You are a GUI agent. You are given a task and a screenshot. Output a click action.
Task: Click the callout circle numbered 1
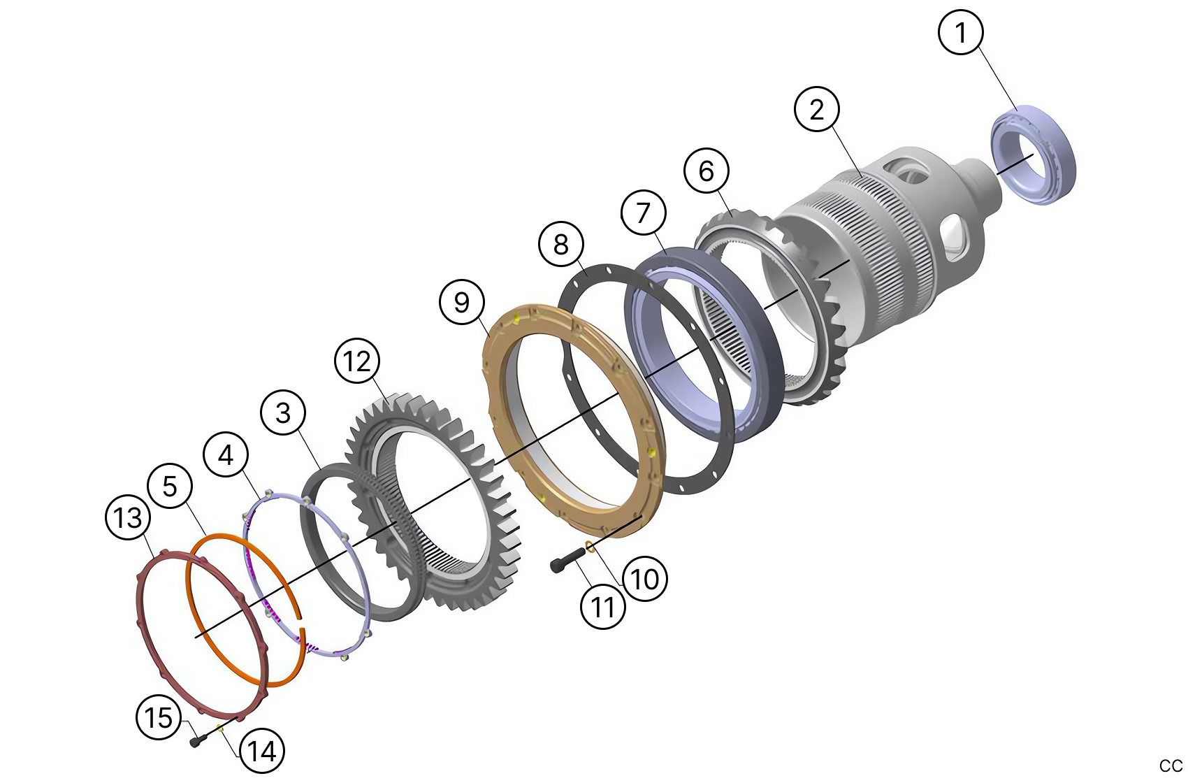pyautogui.click(x=961, y=32)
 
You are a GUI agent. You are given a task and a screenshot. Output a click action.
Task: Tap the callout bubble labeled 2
pyautogui.click(x=817, y=109)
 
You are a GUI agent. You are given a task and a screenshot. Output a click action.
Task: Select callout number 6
pyautogui.click(x=707, y=171)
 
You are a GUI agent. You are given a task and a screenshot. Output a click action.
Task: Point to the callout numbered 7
pyautogui.click(x=644, y=213)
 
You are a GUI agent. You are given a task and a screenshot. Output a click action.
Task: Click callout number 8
pyautogui.click(x=561, y=245)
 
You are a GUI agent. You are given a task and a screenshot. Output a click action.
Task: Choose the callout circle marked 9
pyautogui.click(x=462, y=302)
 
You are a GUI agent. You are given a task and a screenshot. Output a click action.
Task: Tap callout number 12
pyautogui.click(x=357, y=361)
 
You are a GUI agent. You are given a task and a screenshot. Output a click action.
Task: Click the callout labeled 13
pyautogui.click(x=129, y=518)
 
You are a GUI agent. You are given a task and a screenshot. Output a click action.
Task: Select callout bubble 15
pyautogui.click(x=159, y=717)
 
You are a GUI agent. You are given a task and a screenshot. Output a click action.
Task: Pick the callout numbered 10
pyautogui.click(x=644, y=579)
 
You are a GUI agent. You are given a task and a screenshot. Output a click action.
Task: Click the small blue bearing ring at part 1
pyautogui.click(x=1034, y=155)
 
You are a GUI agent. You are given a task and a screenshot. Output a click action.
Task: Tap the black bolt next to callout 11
pyautogui.click(x=567, y=560)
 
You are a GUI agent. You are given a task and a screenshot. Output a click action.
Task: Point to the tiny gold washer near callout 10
pyautogui.click(x=590, y=546)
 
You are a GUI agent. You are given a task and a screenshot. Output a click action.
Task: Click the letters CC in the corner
pyautogui.click(x=1171, y=766)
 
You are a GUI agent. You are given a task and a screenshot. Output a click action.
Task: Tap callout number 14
pyautogui.click(x=262, y=752)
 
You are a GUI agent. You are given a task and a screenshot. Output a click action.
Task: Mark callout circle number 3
pyautogui.click(x=283, y=412)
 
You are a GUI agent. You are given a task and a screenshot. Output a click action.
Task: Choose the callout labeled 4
pyautogui.click(x=226, y=455)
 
